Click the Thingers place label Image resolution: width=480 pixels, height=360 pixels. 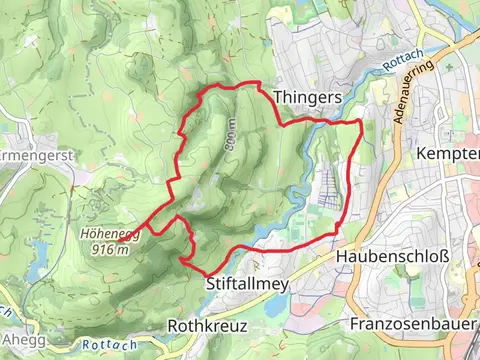(x=307, y=96)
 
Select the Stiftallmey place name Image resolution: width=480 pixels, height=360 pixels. (x=247, y=284)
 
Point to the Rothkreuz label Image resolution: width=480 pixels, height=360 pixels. (x=207, y=326)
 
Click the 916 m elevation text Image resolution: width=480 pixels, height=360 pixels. (x=109, y=250)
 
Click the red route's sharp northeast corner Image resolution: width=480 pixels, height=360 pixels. (x=359, y=121)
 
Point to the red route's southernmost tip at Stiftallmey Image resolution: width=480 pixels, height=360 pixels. (x=205, y=272)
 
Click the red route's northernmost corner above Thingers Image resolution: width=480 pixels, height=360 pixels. (x=259, y=84)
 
